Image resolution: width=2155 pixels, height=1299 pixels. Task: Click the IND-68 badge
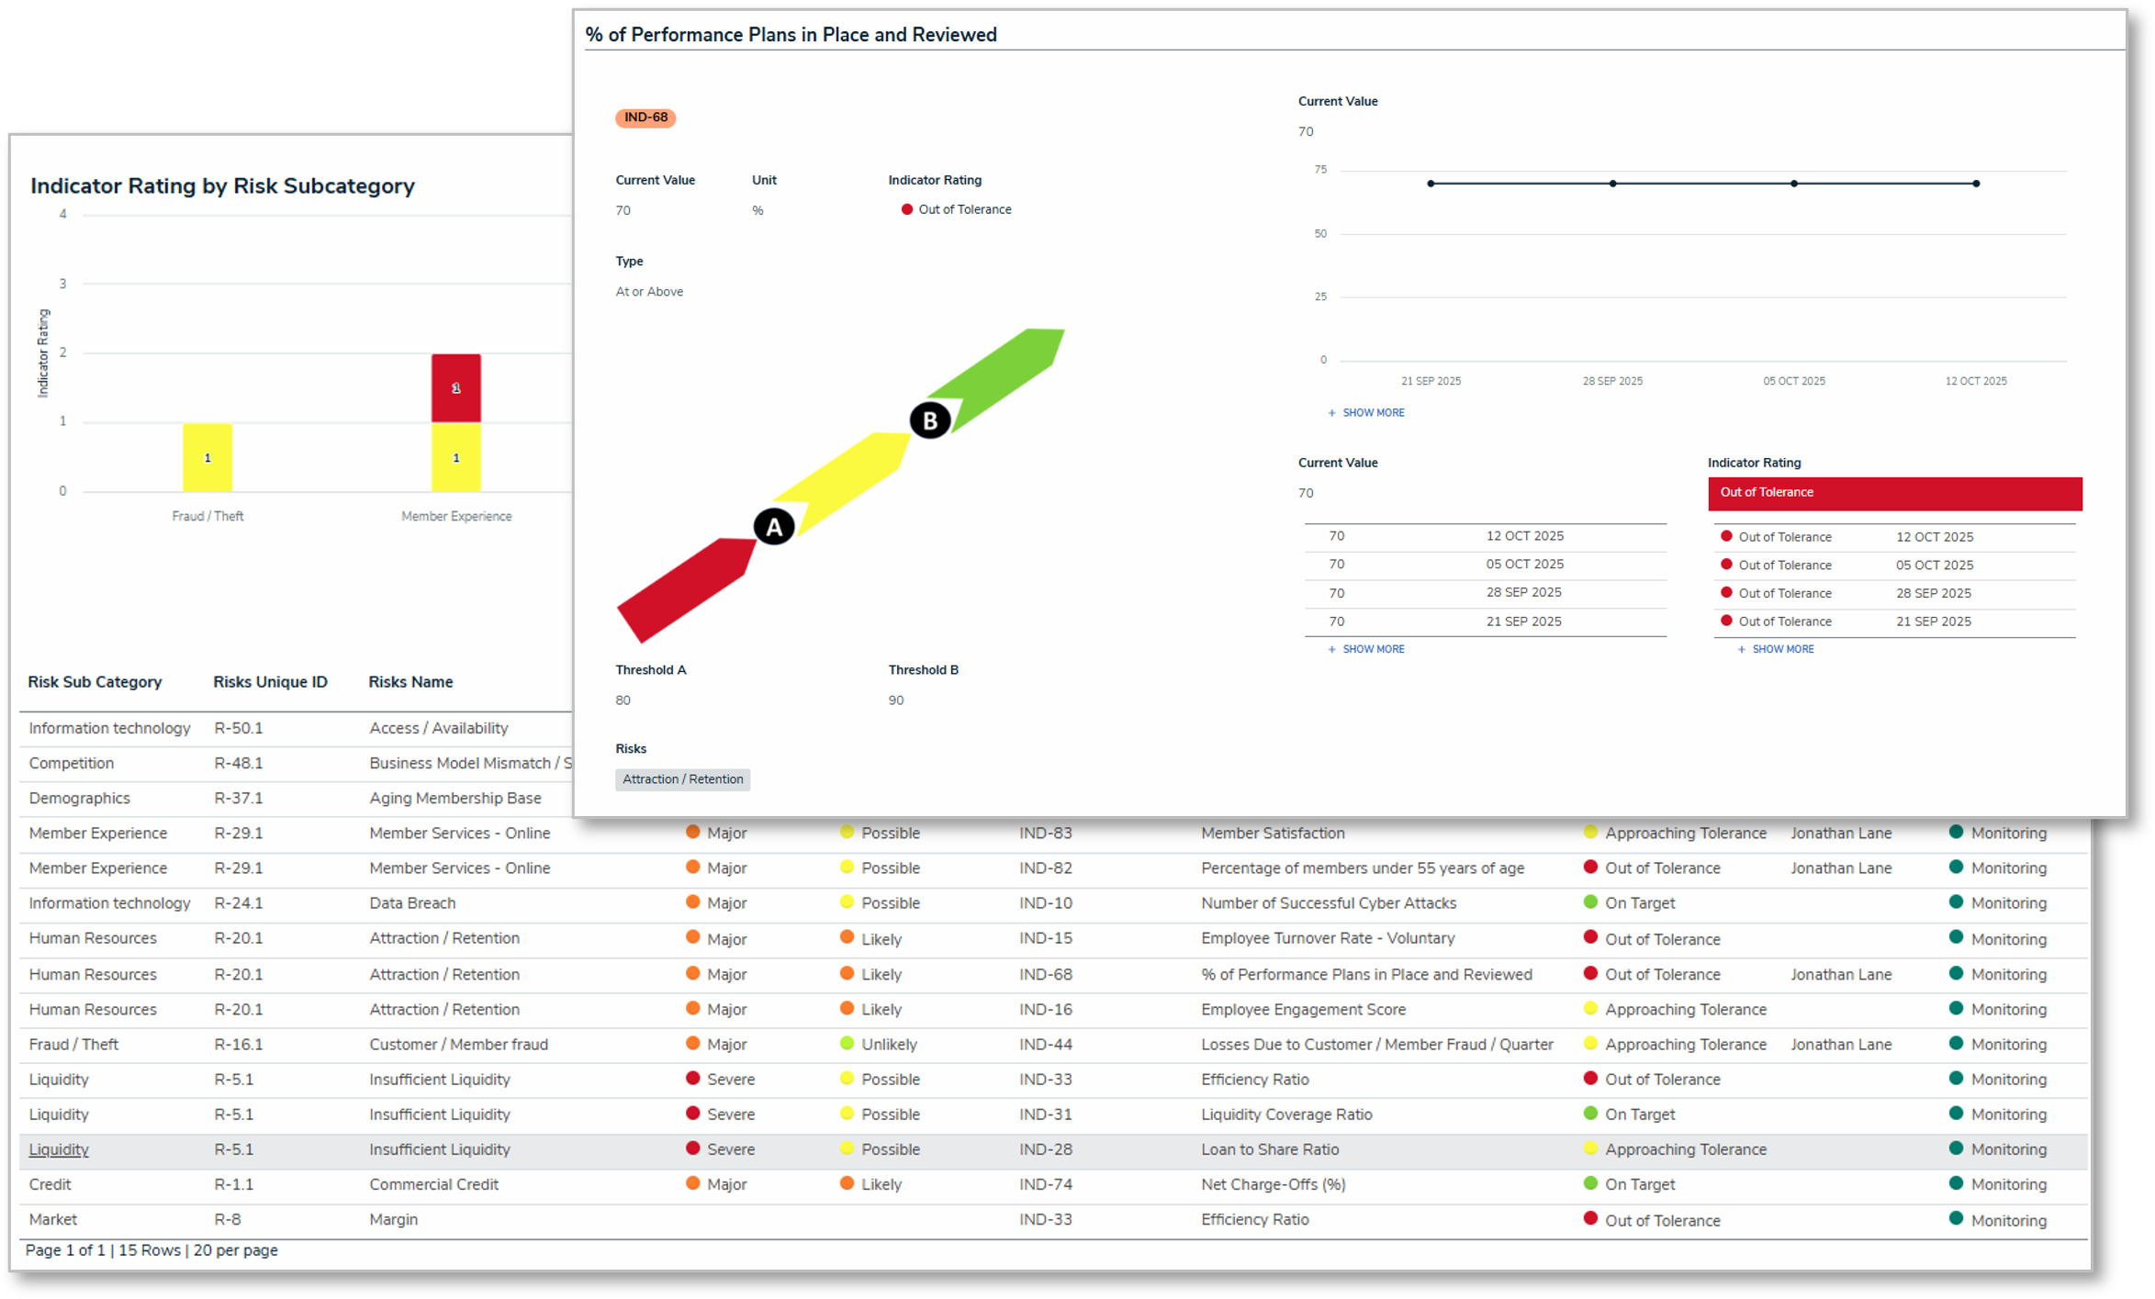click(645, 118)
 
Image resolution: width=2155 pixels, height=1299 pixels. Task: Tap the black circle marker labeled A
click(774, 527)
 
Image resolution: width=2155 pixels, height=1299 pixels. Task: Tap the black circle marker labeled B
click(930, 420)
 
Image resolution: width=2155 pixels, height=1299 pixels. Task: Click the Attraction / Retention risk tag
click(682, 779)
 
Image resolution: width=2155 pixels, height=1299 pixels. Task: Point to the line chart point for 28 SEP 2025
click(1612, 184)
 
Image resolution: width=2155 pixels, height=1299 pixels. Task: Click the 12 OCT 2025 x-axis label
click(1975, 381)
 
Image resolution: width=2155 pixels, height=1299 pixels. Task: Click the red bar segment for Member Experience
click(456, 387)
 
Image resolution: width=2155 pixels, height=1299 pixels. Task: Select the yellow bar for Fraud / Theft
click(208, 457)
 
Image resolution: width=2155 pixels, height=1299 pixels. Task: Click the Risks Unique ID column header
click(270, 682)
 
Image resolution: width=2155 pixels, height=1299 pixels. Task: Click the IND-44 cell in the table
click(1045, 1045)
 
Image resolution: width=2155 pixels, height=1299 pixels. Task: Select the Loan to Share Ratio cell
click(1270, 1149)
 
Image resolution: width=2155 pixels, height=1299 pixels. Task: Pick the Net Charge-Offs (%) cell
click(1273, 1184)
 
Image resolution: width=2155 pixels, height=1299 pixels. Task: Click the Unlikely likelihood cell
click(888, 1045)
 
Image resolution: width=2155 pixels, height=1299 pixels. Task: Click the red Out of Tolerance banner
click(1894, 493)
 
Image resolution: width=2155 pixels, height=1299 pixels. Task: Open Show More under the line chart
click(1372, 413)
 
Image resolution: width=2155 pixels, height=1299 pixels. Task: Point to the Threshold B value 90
click(896, 700)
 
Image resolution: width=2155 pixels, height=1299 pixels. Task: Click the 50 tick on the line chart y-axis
click(1320, 234)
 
